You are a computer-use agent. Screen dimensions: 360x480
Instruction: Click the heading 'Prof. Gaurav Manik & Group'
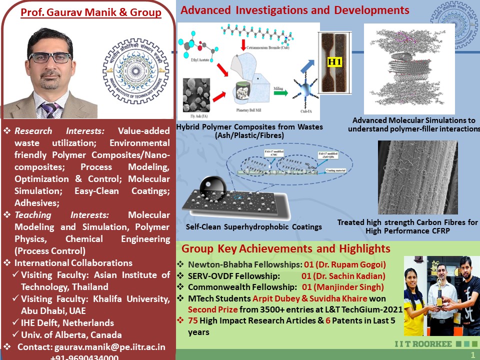(x=91, y=12)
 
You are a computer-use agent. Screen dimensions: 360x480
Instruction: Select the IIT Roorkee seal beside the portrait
(x=135, y=70)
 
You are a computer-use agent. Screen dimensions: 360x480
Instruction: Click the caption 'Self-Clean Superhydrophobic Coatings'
(x=254, y=227)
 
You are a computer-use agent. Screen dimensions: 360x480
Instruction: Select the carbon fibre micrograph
(x=418, y=177)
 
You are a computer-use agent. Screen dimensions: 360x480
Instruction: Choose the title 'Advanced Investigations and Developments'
(x=295, y=10)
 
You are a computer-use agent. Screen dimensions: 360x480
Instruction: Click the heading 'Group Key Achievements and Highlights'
(x=285, y=249)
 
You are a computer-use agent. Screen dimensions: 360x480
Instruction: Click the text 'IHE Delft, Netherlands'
(x=67, y=323)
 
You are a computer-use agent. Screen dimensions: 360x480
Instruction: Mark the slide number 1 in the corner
(x=472, y=354)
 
